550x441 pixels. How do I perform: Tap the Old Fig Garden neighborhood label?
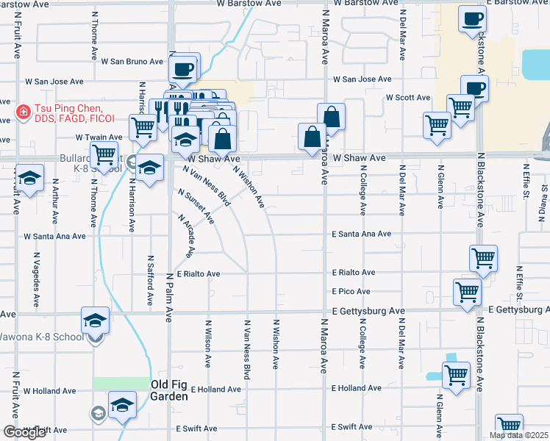[168, 390]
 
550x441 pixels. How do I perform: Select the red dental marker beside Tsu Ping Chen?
[23, 112]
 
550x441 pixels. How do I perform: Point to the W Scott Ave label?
[408, 98]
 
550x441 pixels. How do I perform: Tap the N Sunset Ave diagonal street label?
[196, 206]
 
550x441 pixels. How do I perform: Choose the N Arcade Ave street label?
[185, 236]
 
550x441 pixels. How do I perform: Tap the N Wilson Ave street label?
[209, 343]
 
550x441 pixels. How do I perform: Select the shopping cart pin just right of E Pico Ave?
[467, 291]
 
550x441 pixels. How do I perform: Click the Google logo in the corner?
[24, 432]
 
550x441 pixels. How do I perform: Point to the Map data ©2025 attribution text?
[518, 435]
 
